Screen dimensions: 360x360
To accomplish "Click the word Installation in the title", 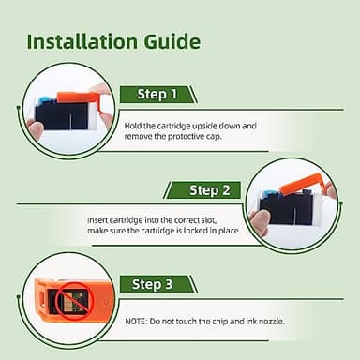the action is click(82, 41).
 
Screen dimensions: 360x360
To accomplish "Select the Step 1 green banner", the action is click(158, 95).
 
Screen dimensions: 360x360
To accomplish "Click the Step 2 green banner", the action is click(202, 190).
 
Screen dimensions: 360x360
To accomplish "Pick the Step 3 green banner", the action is click(158, 284).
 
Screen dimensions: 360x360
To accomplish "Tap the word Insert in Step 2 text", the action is click(97, 220).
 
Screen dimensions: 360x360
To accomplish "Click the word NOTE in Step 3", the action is click(135, 322).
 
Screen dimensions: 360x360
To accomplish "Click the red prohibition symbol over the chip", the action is click(74, 301).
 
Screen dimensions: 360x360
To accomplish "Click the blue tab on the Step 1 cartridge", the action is click(47, 101).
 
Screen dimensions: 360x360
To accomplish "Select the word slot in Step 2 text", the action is click(208, 220).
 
